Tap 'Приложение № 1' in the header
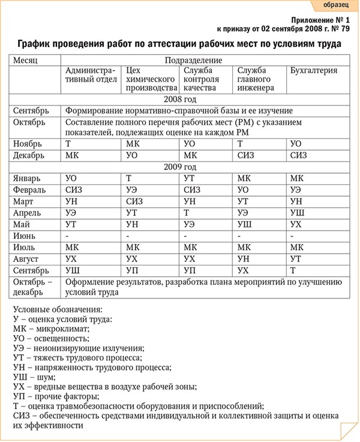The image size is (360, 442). pos(323,19)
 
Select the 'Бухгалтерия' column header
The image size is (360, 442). pos(313,70)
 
